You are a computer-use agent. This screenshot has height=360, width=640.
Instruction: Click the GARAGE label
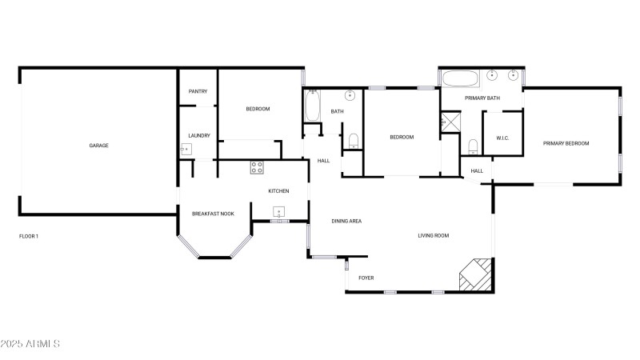coord(98,146)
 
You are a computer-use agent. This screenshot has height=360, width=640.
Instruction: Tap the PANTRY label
coord(198,91)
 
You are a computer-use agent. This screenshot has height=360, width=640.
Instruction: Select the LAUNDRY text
coord(198,136)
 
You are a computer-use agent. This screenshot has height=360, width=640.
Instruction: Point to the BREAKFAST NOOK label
coord(213,214)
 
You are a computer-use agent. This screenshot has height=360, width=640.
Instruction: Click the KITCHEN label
coord(278,191)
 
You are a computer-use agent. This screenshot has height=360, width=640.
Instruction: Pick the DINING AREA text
coord(347,221)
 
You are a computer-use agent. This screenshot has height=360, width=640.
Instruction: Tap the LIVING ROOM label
coord(434,236)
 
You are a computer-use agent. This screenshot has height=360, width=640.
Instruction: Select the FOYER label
coord(366,278)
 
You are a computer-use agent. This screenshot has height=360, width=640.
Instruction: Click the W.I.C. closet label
coord(502,138)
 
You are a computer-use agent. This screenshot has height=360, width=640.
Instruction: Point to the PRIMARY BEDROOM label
coord(566,144)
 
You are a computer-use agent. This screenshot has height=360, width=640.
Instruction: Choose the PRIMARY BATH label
coord(482,98)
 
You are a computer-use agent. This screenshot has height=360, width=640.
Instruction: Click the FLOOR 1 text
coord(29,237)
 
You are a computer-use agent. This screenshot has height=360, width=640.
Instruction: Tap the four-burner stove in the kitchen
coord(257,167)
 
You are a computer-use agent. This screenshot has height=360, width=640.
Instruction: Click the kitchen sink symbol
coord(279,212)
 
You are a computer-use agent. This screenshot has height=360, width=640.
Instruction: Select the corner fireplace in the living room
coord(475,274)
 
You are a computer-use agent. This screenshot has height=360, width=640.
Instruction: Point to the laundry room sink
coord(185,150)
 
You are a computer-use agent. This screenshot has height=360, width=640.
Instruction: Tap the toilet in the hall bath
coord(353,142)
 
